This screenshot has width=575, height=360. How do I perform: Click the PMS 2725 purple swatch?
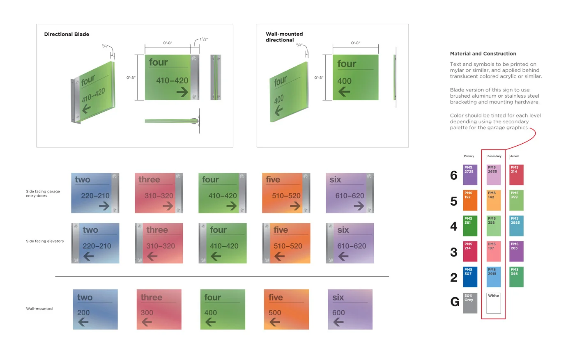470,174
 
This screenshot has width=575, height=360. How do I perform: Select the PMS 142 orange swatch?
494,200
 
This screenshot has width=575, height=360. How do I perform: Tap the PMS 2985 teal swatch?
516,226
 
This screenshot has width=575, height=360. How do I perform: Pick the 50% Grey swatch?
470,303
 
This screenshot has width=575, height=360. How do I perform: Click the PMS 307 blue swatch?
470,277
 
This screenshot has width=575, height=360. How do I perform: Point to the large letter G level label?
455,302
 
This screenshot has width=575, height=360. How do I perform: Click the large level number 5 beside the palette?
453,201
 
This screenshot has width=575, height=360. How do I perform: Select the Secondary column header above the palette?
494,156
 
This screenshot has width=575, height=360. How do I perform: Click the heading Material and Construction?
483,53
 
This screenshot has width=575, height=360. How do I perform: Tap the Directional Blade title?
67,34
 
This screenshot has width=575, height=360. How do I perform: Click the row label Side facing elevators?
45,241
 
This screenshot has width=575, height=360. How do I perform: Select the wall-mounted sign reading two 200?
95,309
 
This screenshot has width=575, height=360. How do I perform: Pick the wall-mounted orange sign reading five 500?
286,309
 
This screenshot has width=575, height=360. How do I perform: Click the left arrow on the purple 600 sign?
338,322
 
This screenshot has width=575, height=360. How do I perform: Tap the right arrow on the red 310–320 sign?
168,206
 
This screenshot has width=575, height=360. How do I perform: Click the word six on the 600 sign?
338,297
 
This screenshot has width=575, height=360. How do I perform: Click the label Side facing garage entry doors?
43,193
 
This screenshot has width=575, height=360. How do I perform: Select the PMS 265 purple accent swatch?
516,251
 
